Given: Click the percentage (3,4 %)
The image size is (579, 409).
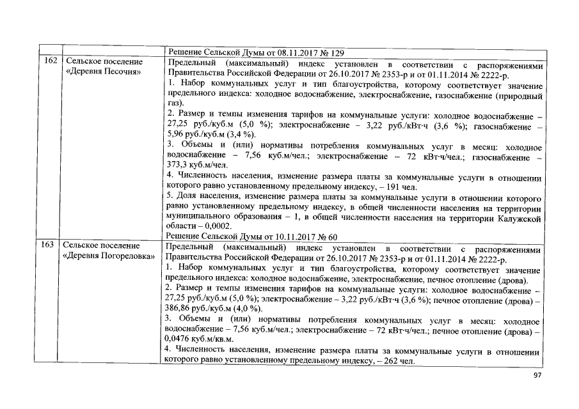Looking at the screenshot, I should [240, 134].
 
